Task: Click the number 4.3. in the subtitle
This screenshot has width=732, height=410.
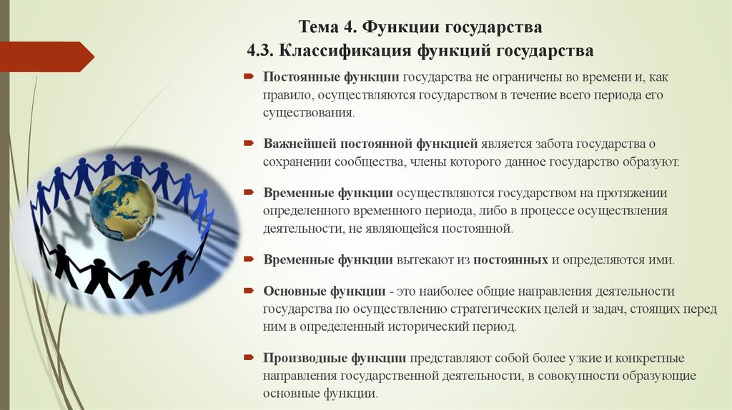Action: [261, 51]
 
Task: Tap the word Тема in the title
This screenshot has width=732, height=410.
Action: [319, 27]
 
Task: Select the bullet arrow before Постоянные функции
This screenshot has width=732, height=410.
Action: [248, 76]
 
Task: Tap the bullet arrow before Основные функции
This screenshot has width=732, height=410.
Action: [248, 291]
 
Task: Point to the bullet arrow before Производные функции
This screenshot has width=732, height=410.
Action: [248, 358]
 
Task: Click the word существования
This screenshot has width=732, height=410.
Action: [308, 113]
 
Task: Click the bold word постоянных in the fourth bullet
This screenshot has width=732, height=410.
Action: [510, 260]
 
